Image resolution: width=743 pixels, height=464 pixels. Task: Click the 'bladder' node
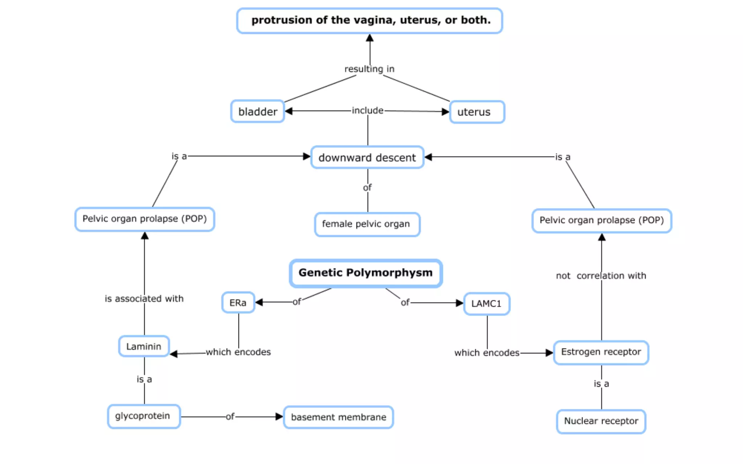(258, 112)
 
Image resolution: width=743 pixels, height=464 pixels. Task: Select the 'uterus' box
(477, 112)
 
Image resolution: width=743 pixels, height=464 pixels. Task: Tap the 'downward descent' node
(367, 158)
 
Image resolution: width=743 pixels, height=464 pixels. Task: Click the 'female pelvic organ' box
(367, 224)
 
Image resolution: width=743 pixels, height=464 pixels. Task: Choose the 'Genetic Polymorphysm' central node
(366, 273)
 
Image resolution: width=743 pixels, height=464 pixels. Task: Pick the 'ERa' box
(238, 303)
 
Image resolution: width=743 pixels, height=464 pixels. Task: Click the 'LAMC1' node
(487, 304)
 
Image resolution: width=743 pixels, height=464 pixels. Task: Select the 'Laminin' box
(144, 347)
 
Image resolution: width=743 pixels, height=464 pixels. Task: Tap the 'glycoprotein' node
(144, 416)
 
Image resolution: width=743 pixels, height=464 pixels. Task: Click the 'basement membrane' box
(338, 417)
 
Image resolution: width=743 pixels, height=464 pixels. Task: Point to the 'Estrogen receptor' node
(601, 352)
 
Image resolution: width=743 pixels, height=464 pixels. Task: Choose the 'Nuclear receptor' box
(601, 421)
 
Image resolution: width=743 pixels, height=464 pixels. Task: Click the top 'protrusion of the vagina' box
(369, 21)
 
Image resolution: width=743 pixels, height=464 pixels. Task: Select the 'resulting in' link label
(369, 69)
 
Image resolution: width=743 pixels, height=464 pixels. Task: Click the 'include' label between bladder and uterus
(368, 111)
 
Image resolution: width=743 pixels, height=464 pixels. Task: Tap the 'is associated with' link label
(144, 299)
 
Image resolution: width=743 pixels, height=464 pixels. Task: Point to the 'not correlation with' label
(601, 276)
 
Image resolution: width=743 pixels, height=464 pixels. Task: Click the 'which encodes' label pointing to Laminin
(238, 352)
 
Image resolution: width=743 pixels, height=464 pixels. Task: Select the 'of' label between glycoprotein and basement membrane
(230, 417)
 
